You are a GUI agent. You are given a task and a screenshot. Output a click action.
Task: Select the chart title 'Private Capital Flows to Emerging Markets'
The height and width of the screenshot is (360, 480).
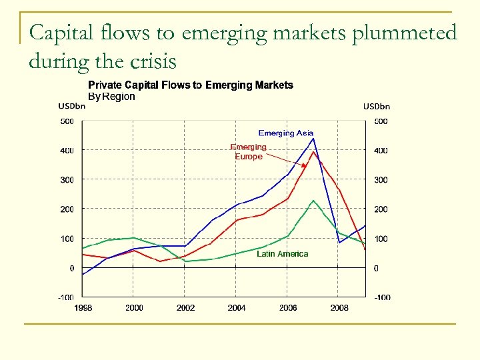(191, 85)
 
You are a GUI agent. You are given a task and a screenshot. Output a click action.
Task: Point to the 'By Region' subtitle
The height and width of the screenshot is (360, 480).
(111, 97)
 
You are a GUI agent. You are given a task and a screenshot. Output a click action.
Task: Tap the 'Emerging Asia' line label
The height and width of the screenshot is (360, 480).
(285, 133)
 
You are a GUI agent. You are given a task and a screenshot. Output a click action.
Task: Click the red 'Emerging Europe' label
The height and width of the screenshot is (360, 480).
(248, 151)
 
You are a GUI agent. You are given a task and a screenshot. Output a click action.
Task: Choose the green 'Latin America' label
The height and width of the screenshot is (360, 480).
(283, 254)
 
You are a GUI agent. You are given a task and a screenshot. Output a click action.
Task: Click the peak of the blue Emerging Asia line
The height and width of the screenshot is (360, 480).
(313, 139)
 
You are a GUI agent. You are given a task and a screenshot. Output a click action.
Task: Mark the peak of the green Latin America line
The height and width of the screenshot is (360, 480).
(313, 200)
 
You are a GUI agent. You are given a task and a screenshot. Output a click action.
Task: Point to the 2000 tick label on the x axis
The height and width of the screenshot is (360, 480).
(133, 308)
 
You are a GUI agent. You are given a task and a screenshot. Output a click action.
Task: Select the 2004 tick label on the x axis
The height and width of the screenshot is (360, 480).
(236, 308)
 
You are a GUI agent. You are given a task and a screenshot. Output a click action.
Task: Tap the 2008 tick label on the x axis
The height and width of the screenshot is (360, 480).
(339, 308)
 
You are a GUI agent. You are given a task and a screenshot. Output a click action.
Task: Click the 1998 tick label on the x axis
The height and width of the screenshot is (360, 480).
(83, 308)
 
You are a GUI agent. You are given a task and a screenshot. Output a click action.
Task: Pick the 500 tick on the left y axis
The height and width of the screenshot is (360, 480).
(67, 121)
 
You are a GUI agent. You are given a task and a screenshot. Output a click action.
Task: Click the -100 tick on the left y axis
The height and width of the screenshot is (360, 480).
(65, 297)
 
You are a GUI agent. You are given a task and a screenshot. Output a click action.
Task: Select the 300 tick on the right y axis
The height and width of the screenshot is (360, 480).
(381, 180)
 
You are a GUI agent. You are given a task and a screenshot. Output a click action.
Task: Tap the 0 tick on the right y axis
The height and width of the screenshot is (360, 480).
(376, 268)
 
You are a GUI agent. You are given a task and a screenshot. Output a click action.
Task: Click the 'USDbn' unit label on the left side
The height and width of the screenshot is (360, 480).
(71, 106)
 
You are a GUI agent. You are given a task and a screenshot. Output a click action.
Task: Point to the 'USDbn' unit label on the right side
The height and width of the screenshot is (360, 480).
(376, 106)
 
